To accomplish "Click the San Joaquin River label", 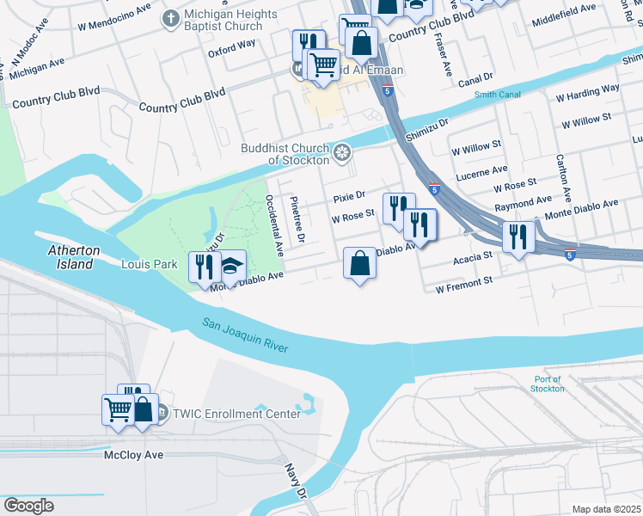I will coord(245,335).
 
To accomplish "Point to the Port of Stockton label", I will coord(548,384).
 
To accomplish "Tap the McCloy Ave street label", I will coord(132,454).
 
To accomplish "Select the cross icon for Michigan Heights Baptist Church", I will coord(171,16).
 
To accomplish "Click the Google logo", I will coord(28,506).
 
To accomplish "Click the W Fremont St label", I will coord(463,281).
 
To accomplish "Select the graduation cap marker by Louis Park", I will coord(230,266).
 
